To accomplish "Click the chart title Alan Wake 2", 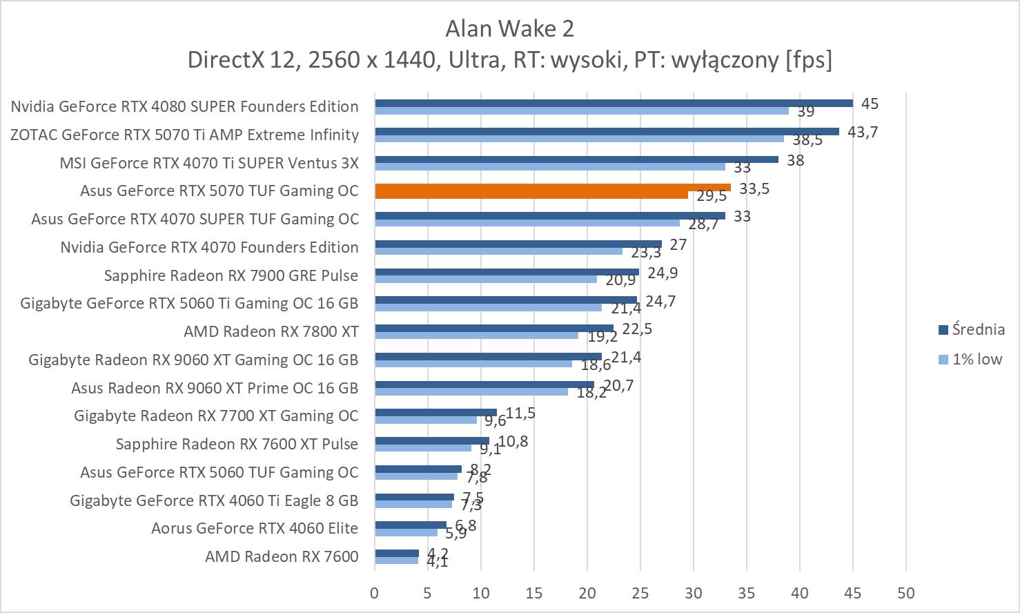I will [x=509, y=29].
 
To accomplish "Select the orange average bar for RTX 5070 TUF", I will [x=552, y=187].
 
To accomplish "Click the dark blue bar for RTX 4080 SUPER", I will [x=614, y=103].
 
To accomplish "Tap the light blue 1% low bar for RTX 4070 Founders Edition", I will [x=498, y=251].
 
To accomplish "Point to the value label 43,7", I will [x=862, y=132].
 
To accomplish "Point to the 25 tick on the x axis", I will [x=640, y=593].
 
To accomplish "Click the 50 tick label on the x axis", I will [x=905, y=593].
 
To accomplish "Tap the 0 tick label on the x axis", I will [x=375, y=593].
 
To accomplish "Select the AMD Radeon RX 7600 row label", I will [x=282, y=556].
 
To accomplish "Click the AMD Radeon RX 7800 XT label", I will [x=271, y=331].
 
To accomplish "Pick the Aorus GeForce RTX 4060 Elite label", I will [x=255, y=528].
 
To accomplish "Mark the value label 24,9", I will [x=663, y=273].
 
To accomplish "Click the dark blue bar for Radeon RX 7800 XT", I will [x=494, y=328].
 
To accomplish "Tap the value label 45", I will [x=870, y=104].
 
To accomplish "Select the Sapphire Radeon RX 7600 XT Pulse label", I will [x=237, y=444].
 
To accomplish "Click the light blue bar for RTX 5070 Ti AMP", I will [x=579, y=139].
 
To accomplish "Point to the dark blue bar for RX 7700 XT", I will [x=435, y=412].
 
